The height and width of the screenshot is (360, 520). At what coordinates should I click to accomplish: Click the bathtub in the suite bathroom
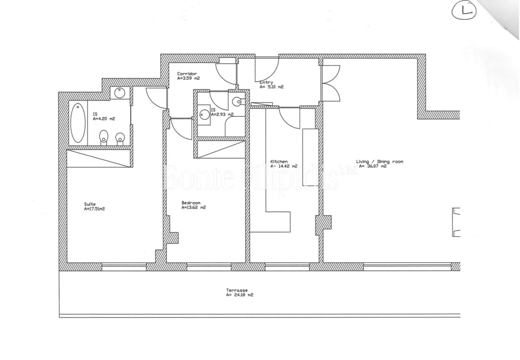coord(78,122)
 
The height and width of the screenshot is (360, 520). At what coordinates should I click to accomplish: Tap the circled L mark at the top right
coord(463,10)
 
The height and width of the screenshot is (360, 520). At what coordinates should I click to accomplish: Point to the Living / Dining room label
coord(379,161)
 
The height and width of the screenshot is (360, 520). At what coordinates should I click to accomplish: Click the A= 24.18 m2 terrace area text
coord(239,295)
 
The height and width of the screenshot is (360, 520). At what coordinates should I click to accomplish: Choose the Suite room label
coord(90,204)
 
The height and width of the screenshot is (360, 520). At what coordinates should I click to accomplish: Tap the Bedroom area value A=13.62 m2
coord(194,207)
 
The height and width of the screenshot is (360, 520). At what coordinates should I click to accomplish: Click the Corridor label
coord(187,74)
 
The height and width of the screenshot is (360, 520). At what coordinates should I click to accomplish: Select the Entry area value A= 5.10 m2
coord(271,87)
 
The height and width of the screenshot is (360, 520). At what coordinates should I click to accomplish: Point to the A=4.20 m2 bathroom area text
coord(104,118)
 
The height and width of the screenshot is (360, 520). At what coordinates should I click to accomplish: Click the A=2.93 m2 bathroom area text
coord(222,114)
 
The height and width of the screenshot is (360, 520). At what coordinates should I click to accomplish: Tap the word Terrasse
coord(237,290)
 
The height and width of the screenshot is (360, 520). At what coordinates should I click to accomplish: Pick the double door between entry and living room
coord(331,83)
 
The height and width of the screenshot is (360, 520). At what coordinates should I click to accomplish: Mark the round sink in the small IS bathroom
coord(205,114)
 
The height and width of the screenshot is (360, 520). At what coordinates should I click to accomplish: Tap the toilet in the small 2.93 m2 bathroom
coord(238,101)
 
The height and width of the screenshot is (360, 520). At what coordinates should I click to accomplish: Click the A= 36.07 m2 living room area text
coord(373,166)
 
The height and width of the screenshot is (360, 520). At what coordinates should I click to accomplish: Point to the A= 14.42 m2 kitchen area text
coord(284,166)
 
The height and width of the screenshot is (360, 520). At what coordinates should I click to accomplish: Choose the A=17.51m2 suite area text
coord(95,209)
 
